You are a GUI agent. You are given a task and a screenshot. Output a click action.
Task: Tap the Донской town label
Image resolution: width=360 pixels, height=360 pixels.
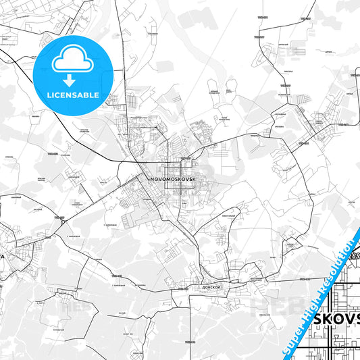pyautogui.click(x=211, y=286)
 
